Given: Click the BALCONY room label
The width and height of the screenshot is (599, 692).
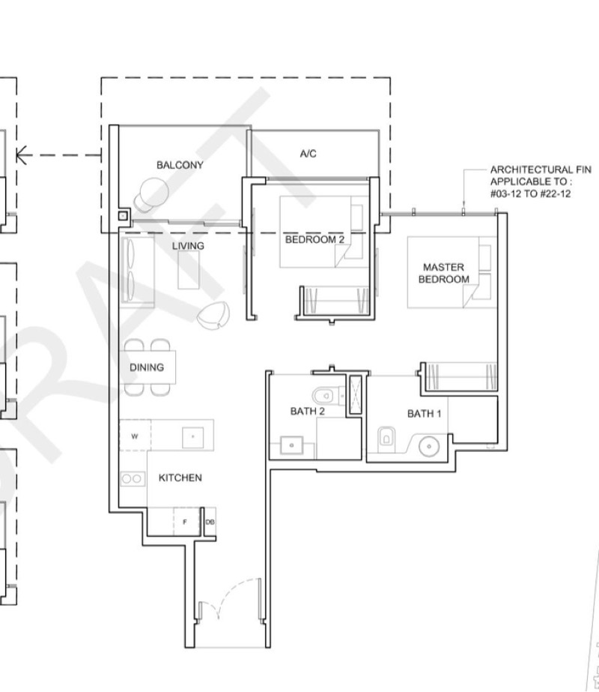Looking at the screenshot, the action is tap(180, 165).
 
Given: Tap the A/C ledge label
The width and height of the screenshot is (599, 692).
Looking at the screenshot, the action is tap(308, 154).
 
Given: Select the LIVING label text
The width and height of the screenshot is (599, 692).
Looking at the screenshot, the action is tap(188, 246).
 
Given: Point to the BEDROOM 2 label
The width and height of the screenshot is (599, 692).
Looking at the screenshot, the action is tap(314, 240).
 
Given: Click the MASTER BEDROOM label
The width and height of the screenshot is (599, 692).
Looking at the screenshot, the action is tap(443, 273).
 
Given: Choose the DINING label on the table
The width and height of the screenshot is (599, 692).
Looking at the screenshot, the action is tap(147, 367).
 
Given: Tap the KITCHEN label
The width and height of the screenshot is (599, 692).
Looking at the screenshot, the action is tap(180, 478).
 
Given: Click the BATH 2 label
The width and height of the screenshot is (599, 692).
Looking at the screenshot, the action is tap(308, 412).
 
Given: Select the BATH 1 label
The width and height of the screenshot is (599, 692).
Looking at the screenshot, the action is tap(424, 414).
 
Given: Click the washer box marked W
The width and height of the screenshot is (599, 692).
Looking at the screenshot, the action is tap(135, 436).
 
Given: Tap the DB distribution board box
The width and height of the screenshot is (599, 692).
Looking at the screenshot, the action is tap(210, 522).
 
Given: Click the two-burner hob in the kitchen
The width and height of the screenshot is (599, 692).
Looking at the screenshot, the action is tap(133, 479).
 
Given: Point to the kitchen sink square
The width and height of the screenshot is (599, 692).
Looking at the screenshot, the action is tap(193, 437).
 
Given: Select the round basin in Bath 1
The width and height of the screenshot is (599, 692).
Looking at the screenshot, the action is tap(429, 446).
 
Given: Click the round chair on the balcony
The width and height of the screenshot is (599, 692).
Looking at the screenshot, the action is tap(152, 194).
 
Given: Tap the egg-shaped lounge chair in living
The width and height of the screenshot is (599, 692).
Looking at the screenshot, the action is tap(214, 315).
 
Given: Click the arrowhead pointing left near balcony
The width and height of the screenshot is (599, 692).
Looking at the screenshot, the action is tap(21, 155).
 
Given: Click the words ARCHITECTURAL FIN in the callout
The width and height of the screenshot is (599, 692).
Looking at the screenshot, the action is tap(541, 169).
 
